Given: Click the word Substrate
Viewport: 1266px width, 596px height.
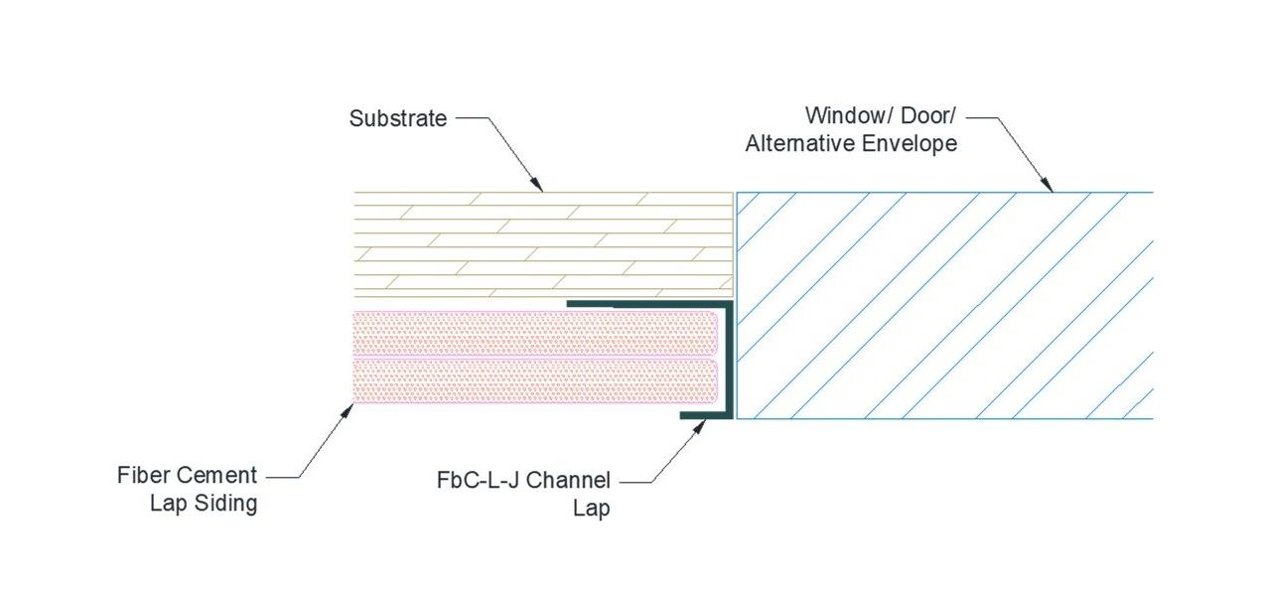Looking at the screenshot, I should coord(397,119).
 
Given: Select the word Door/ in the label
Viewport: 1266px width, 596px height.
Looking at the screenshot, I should coord(928,114).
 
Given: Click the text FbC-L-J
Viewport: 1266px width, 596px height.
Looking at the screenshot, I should coord(478,481).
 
